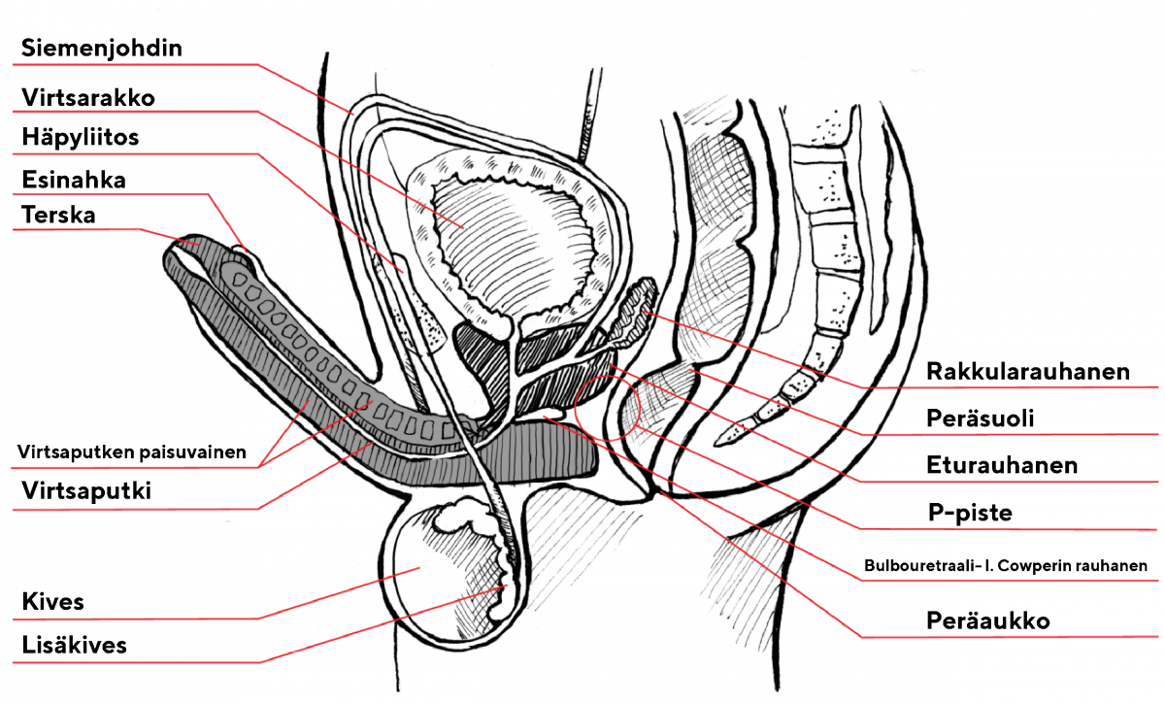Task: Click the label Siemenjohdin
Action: click(102, 48)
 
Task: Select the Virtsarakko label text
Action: click(88, 97)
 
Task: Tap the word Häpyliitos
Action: click(81, 137)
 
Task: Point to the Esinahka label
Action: click(74, 180)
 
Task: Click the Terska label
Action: click(58, 215)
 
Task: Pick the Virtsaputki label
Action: click(86, 491)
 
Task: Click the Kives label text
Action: click(52, 602)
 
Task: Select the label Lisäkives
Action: click(74, 645)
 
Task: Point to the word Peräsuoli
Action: click(980, 418)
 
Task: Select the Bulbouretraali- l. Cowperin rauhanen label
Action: click(1006, 565)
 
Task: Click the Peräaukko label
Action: click(987, 620)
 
